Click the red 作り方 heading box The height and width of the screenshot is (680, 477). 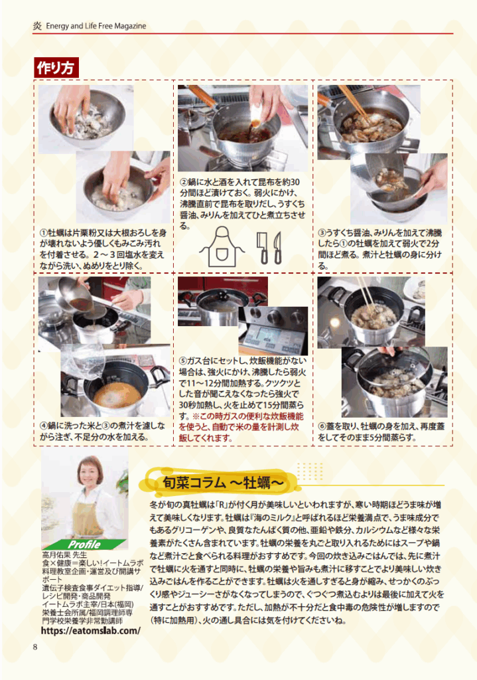point(56,68)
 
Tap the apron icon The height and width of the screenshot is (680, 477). point(222,246)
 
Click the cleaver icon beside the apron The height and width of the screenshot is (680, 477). point(263,248)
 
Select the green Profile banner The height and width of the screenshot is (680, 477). point(84,545)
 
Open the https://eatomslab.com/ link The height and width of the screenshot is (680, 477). point(90,631)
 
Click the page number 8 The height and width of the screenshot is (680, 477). point(35,647)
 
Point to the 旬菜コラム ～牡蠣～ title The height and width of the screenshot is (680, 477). point(223,482)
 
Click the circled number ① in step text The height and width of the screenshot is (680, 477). point(43,233)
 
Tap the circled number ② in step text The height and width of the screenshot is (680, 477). point(184,182)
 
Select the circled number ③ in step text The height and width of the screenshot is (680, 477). point(322,233)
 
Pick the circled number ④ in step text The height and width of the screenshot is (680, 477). point(43,426)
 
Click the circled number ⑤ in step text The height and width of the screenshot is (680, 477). point(183,361)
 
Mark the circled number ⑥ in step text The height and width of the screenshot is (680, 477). point(322,426)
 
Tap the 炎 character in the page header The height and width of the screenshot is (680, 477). point(38,26)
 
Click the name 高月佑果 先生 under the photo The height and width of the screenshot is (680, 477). point(64,555)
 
